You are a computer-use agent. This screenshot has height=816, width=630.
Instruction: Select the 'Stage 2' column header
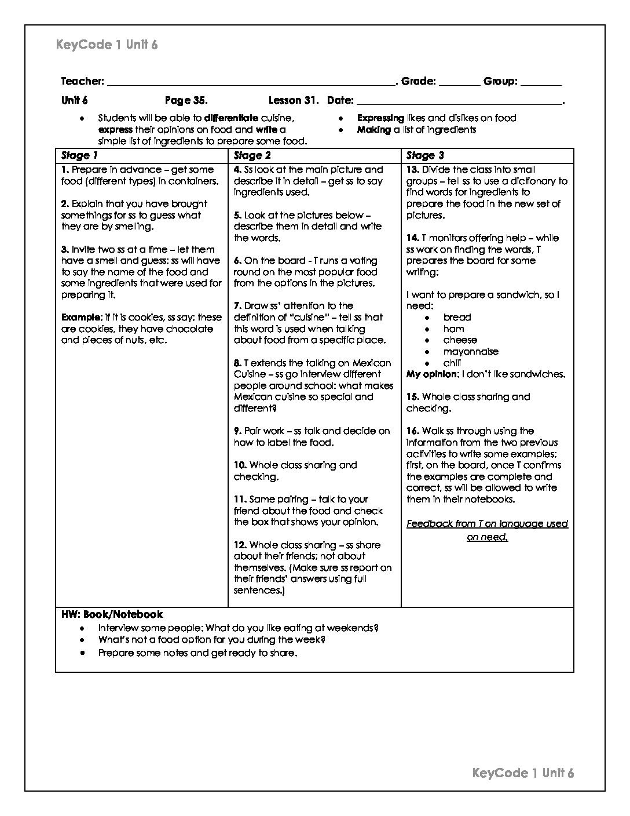coord(252,155)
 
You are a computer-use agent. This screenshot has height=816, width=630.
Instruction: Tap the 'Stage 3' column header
coord(425,155)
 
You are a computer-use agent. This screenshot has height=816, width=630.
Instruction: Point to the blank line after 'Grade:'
coord(459,83)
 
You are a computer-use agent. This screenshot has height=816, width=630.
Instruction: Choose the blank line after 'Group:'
coord(541,83)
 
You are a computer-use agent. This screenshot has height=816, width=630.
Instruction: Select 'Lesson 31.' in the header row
coord(294,100)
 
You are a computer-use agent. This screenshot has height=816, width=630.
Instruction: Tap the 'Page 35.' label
coord(186,100)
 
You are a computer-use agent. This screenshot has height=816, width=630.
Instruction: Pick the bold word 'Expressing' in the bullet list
coord(380,118)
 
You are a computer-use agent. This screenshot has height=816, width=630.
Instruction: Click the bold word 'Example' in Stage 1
coord(81,318)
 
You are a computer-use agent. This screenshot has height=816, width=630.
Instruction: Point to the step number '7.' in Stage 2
coord(237,306)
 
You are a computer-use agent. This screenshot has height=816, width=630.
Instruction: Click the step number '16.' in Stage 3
coord(413,431)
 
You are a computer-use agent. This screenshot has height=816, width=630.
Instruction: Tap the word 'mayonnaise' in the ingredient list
coord(471,352)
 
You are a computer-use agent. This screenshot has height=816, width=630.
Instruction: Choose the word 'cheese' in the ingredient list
coord(460,340)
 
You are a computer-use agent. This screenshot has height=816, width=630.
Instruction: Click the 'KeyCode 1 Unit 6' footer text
coord(523,773)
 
